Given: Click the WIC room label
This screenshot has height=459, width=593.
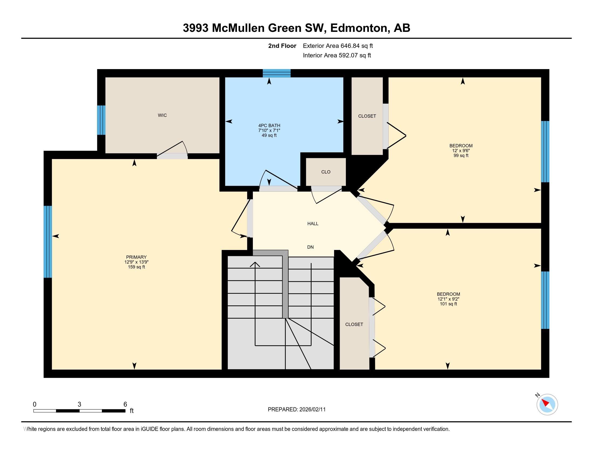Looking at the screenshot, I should click(x=162, y=115).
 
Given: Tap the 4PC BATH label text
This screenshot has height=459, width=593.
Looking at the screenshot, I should click(x=269, y=125).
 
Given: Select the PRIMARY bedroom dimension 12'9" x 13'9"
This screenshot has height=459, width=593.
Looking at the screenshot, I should click(x=136, y=262).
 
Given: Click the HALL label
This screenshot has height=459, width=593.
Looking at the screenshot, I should click(x=313, y=224).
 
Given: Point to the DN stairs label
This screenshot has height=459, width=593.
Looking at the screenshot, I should click(x=310, y=247).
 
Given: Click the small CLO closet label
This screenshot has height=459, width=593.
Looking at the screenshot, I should click(x=326, y=172).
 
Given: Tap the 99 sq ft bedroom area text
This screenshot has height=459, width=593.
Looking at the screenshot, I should click(x=461, y=156).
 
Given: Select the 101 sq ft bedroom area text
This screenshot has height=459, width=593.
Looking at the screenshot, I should click(x=448, y=304).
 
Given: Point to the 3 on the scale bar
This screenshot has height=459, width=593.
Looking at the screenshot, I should click(x=79, y=404).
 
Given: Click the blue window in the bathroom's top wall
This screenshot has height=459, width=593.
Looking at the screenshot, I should click(x=276, y=73).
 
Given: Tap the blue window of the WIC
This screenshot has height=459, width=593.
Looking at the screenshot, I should click(x=101, y=120).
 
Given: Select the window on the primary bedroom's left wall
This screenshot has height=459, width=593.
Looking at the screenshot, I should click(x=47, y=241).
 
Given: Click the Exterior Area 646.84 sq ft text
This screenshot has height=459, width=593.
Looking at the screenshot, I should click(x=338, y=46).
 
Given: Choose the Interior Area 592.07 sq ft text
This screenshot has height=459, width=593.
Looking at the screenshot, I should click(x=337, y=55).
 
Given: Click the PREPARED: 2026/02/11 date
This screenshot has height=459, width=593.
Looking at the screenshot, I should click(x=296, y=410).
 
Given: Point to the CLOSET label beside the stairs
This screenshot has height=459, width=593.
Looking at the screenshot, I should click(x=354, y=324).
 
